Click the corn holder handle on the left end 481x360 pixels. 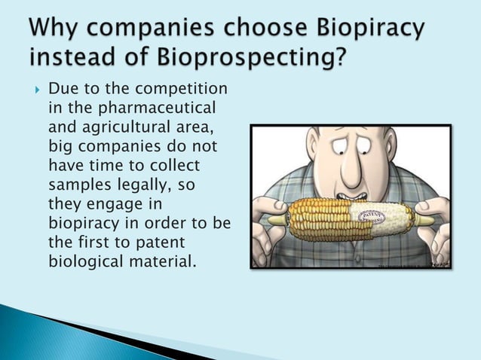click(x=275, y=220)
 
